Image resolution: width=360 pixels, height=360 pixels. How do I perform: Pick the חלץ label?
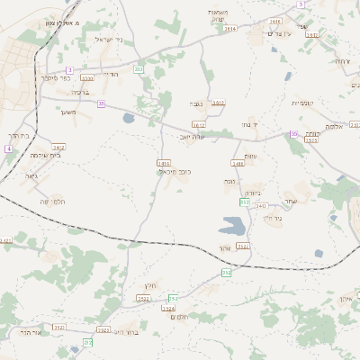[x=149, y=285]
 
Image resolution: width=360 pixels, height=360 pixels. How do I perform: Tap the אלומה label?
[x=333, y=127]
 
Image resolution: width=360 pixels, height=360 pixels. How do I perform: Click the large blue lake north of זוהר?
[x=232, y=224]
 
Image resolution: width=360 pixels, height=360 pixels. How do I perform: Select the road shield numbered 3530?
[x=86, y=78]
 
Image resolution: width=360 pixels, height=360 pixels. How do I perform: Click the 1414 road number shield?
[x=163, y=163]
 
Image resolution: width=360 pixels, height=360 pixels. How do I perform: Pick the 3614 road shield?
[x=229, y=29]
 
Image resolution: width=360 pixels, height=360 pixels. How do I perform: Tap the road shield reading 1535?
[x=311, y=139]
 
